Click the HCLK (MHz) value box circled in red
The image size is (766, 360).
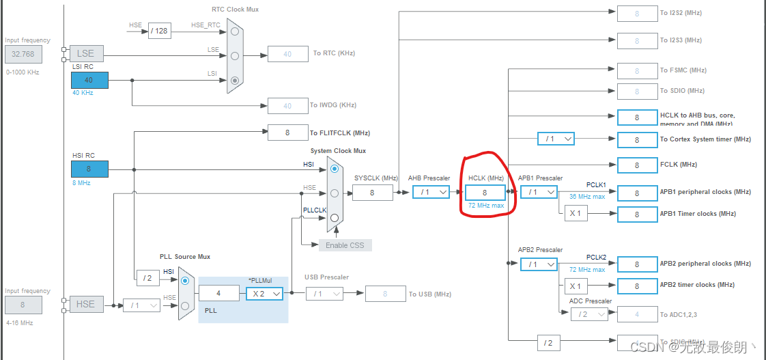tap(485, 193)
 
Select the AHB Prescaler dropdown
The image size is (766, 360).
tap(431, 193)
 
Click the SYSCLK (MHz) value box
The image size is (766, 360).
tap(372, 193)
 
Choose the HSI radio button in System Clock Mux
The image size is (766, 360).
tap(334, 168)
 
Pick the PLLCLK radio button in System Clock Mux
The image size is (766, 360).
tap(334, 218)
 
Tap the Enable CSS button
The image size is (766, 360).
tap(345, 245)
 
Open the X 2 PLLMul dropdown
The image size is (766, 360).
tap(264, 293)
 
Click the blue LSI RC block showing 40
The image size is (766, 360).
tap(89, 80)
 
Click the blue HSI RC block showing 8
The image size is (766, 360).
tap(89, 169)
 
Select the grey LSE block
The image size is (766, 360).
tap(85, 53)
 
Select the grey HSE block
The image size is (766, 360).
tap(85, 304)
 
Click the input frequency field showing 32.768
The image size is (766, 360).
tap(23, 53)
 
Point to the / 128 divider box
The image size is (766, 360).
tap(159, 31)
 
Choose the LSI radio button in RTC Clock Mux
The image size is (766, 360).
tap(235, 80)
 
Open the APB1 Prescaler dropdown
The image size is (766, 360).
tap(539, 193)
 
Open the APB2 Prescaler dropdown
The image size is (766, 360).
tap(539, 264)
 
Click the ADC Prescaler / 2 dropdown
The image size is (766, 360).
tap(588, 314)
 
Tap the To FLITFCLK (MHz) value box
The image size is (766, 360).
tap(287, 133)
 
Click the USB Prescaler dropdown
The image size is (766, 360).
tap(324, 294)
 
